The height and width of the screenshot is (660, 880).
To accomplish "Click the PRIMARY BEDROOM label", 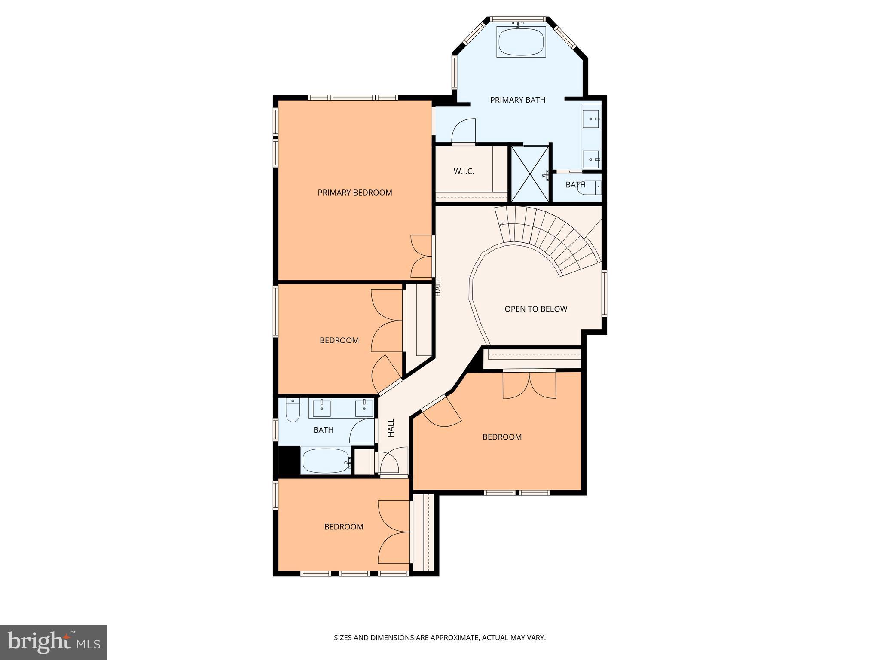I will click(354, 192).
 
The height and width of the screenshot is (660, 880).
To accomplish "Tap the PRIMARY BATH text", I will click(517, 100).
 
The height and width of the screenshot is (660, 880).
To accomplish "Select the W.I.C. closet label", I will click(464, 171).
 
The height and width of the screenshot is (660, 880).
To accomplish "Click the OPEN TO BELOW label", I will click(535, 309).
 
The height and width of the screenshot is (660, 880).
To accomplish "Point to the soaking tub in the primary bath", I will click(521, 42).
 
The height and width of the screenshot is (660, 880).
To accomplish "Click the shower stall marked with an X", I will click(530, 174).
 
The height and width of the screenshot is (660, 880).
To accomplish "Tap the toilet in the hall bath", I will click(293, 410).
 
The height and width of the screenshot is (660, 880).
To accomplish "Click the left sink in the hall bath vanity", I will click(321, 408).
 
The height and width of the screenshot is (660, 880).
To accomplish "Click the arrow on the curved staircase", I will click(501, 224).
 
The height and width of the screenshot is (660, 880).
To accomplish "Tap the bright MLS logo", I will click(54, 642).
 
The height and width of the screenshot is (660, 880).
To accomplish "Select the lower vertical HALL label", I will click(391, 428).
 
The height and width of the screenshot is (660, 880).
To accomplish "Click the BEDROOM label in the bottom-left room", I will click(343, 527).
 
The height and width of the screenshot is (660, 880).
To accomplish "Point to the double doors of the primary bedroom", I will click(421, 256).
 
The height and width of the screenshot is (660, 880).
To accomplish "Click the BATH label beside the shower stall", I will click(575, 185).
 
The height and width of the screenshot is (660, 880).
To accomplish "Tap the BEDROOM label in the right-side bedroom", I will click(502, 437).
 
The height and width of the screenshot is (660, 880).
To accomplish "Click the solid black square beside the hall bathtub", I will click(289, 460).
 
